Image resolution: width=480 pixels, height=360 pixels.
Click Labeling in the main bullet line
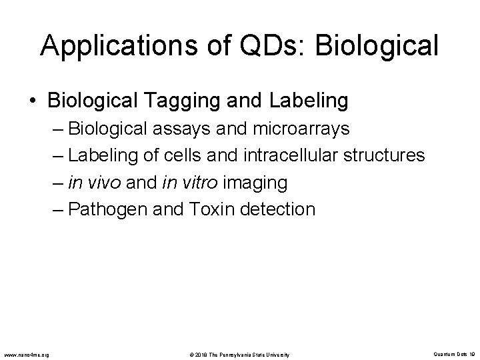coord(309,101)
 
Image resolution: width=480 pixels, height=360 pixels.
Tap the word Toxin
coord(215,209)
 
